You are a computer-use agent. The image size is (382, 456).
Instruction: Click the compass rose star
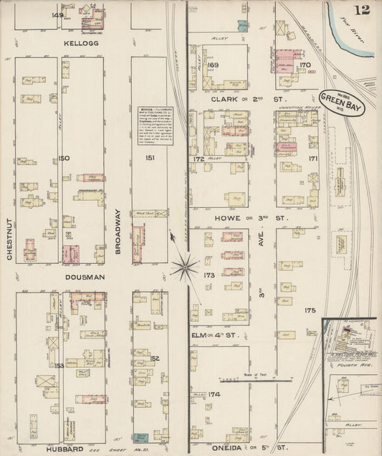(x=185, y=268)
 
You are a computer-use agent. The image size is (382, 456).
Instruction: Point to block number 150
(x=65, y=158)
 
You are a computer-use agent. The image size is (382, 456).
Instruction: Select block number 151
(x=149, y=158)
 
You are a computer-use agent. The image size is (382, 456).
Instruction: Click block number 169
(x=212, y=65)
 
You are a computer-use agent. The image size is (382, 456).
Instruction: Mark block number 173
(x=209, y=275)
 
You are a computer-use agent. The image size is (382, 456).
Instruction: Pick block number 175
(x=309, y=310)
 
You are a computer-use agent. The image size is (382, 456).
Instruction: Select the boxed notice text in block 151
(x=153, y=126)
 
